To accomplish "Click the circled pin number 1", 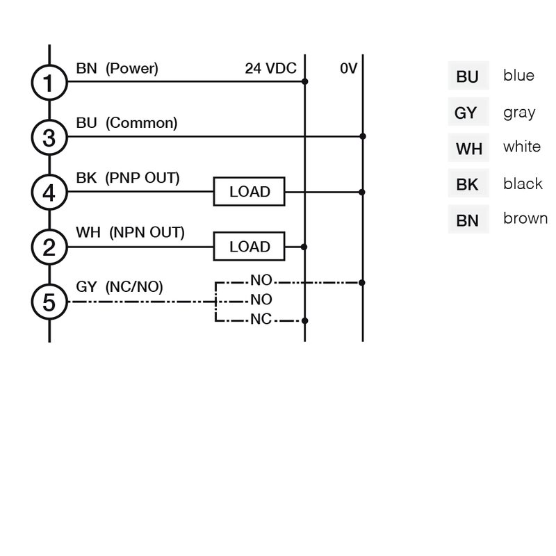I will pyautogui.click(x=49, y=83).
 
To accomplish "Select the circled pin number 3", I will pyautogui.click(x=49, y=138).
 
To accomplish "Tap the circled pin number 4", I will pyautogui.click(x=49, y=192).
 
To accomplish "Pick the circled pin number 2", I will pyautogui.click(x=49, y=247).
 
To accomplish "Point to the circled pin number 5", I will pyautogui.click(x=49, y=302).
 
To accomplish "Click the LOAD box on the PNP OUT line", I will pyautogui.click(x=250, y=192).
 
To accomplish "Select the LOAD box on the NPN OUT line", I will pyautogui.click(x=250, y=247).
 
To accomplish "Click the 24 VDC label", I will pyautogui.click(x=270, y=69).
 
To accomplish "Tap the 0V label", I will pyautogui.click(x=348, y=69).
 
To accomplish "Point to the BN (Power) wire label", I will pyautogui.click(x=117, y=69).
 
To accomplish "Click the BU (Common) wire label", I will pyautogui.click(x=126, y=123).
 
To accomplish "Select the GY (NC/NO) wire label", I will pyautogui.click(x=120, y=286).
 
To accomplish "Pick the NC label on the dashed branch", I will pyautogui.click(x=261, y=320).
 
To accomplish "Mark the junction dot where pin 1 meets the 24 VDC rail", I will pyautogui.click(x=305, y=82).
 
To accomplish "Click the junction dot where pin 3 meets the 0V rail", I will pyautogui.click(x=363, y=137).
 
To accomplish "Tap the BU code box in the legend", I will pyautogui.click(x=468, y=76).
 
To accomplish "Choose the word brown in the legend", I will pyautogui.click(x=525, y=218).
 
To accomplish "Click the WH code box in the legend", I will pyautogui.click(x=468, y=148).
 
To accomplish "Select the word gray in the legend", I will pyautogui.click(x=519, y=112).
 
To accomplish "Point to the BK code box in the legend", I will pyautogui.click(x=468, y=184).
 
